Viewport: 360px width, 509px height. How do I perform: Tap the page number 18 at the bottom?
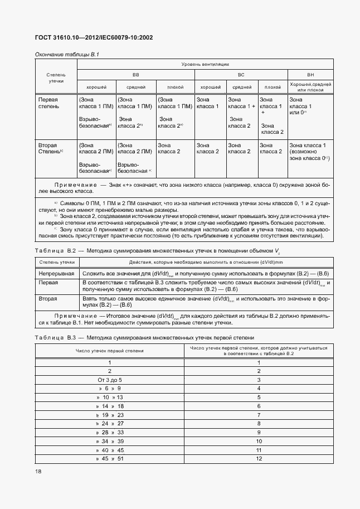(x=38, y=471)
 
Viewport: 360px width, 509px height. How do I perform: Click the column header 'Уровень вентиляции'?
(x=205, y=65)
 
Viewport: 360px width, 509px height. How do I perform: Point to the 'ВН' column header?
(x=310, y=74)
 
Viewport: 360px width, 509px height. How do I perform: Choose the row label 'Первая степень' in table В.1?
(x=47, y=103)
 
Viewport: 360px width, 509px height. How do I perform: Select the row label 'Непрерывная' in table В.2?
(x=56, y=274)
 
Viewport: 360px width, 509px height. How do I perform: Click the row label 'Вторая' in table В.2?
(x=47, y=299)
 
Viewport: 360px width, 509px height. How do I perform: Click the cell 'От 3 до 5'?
(x=110, y=380)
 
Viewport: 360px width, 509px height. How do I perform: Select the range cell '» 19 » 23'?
(x=110, y=415)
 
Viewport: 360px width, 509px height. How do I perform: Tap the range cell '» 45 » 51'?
(x=110, y=458)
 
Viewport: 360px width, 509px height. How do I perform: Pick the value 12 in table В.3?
(x=259, y=458)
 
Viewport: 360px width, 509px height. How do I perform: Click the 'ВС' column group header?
(x=241, y=74)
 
